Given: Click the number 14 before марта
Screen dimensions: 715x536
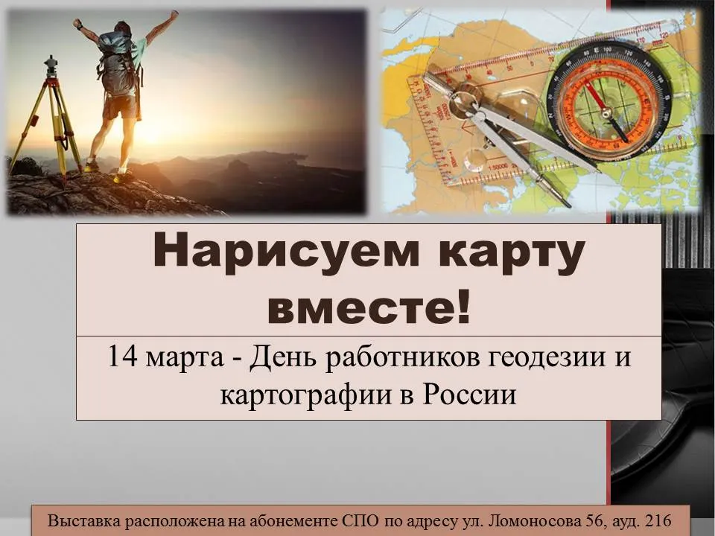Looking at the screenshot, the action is [122, 357].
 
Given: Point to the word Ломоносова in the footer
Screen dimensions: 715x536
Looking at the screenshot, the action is [536, 520].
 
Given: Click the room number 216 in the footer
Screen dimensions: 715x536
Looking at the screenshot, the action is [658, 520].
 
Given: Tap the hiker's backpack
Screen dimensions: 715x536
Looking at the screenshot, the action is [117, 64].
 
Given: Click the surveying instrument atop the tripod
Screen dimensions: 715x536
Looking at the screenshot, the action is [51, 66].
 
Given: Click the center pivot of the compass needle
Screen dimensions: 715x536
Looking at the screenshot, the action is [606, 110].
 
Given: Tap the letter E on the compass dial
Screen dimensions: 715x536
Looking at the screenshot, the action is [596, 50].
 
